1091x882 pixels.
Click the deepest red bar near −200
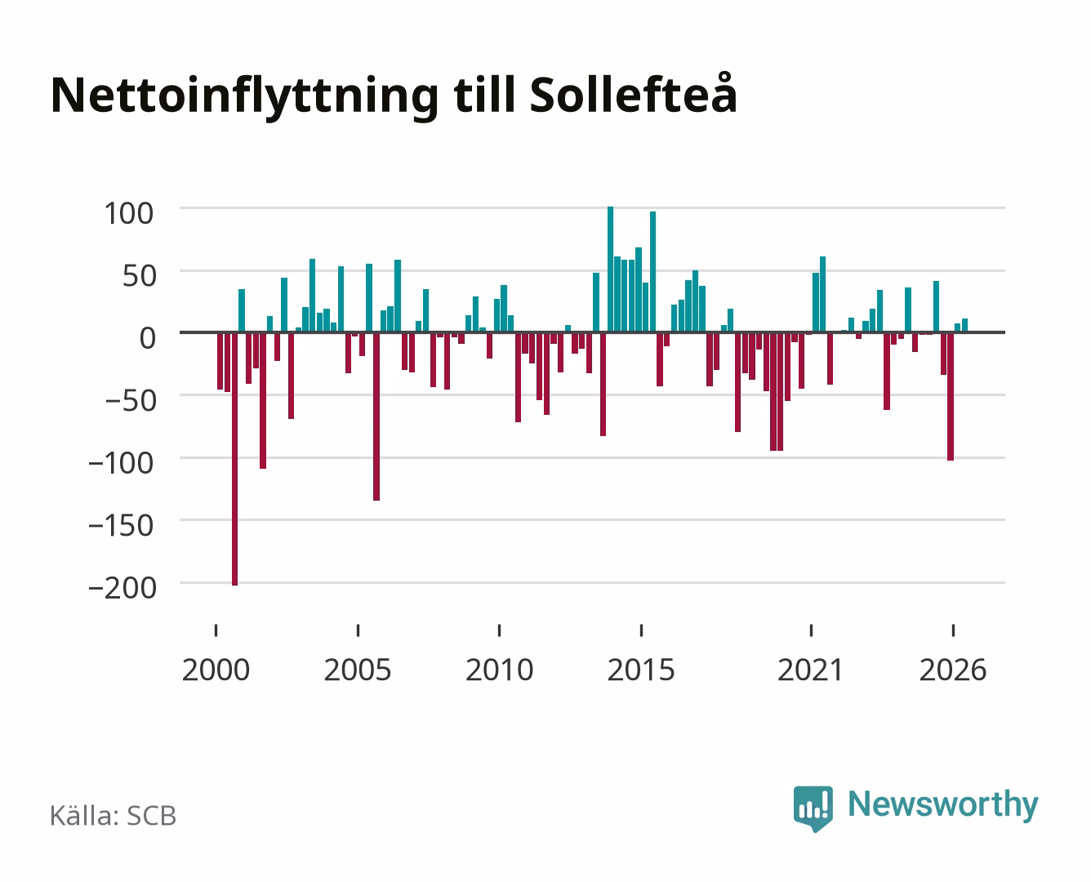pyautogui.click(x=234, y=459)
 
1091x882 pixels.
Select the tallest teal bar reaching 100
pyautogui.click(x=611, y=269)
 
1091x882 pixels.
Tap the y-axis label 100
pyautogui.click(x=128, y=214)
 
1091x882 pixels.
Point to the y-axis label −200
pyautogui.click(x=122, y=588)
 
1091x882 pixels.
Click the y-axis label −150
pyautogui.click(x=122, y=525)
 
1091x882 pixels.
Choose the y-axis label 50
pyautogui.click(x=139, y=276)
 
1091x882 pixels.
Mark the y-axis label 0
pyautogui.click(x=148, y=339)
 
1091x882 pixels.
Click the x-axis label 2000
pyautogui.click(x=216, y=670)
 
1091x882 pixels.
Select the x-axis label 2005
pyautogui.click(x=358, y=670)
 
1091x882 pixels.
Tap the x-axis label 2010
pyautogui.click(x=500, y=670)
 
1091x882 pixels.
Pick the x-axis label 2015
pyautogui.click(x=641, y=670)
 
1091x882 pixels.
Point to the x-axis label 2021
pyautogui.click(x=811, y=670)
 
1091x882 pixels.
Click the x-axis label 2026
pyautogui.click(x=953, y=670)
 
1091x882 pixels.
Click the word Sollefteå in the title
pyautogui.click(x=633, y=94)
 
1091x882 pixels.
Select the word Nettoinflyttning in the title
pyautogui.click(x=245, y=97)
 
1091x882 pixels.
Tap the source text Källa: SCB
pyautogui.click(x=114, y=816)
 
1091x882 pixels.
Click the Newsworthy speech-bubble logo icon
pyautogui.click(x=813, y=808)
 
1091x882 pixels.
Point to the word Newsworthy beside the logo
pyautogui.click(x=943, y=805)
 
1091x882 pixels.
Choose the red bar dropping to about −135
pyautogui.click(x=376, y=417)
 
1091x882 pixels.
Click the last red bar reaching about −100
pyautogui.click(x=951, y=397)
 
